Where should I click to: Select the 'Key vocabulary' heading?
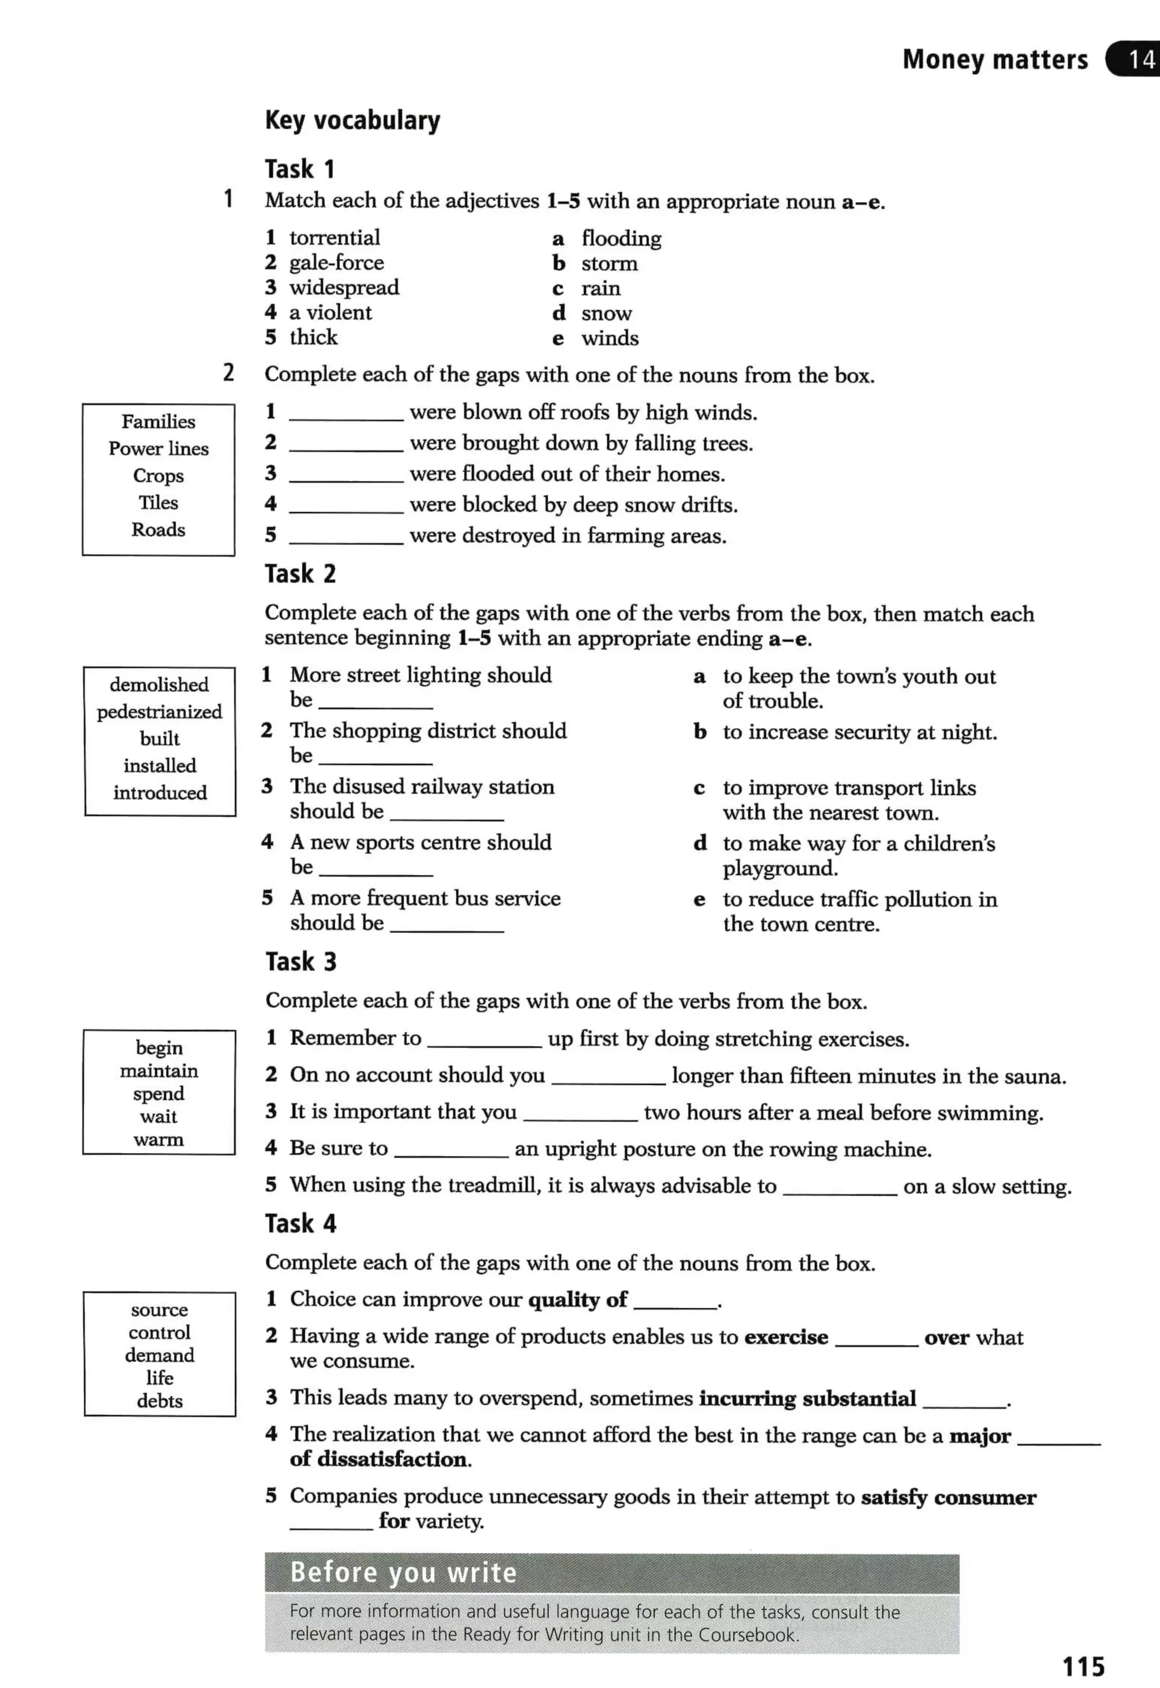(352, 120)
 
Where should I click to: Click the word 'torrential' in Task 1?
(334, 238)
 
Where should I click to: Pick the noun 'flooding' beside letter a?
(621, 239)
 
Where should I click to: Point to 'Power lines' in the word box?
(159, 449)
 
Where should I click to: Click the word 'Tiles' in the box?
(159, 503)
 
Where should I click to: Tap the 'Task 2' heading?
(300, 573)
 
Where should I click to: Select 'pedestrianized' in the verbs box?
(159, 711)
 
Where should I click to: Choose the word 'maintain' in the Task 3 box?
(159, 1071)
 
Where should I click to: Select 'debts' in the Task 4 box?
(159, 1401)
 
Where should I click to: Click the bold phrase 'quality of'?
(577, 1300)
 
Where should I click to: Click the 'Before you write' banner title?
(403, 1572)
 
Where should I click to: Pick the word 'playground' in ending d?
(779, 869)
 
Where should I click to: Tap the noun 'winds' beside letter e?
(610, 338)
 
